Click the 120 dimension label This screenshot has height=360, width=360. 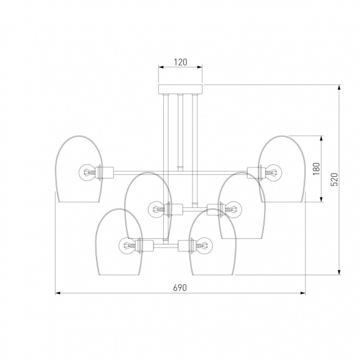point(180,62)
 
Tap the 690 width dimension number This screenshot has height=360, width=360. point(180,288)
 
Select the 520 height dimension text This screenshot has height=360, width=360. point(334,179)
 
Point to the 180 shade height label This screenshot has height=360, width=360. point(317,169)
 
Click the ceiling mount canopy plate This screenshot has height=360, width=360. point(180,89)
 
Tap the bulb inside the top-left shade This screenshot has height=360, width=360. point(87,172)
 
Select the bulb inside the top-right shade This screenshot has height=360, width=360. point(274,172)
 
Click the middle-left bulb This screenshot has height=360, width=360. point(156,209)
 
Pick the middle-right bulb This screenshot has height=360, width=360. point(233,209)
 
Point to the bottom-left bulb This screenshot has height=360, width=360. point(127,246)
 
